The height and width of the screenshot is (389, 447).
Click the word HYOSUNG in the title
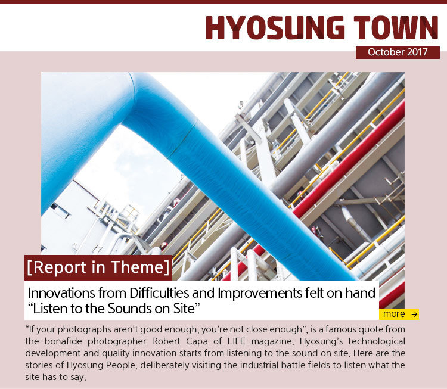pos(275,27)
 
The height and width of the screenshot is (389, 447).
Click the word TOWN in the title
pos(396,27)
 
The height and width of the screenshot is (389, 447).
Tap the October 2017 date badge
pos(398,52)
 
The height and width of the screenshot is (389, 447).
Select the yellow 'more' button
pos(399,314)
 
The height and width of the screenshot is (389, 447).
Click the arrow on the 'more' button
pos(414,315)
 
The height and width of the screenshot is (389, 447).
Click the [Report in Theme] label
pos(98,267)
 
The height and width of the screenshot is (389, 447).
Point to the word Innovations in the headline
pos(62,293)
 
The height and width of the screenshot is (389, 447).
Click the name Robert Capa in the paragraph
pos(179,341)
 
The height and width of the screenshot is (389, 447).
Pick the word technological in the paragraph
pos(377,341)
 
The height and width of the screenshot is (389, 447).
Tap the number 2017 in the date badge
pos(417,52)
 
